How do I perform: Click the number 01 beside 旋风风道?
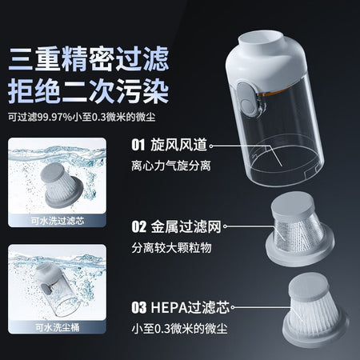(138, 145)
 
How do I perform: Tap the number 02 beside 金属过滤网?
(139, 227)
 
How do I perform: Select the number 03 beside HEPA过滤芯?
(139, 307)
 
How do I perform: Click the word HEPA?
(169, 307)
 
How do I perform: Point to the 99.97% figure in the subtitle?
(54, 117)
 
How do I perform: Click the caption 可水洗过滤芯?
(58, 221)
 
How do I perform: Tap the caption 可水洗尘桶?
(58, 327)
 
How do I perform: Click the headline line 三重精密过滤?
(89, 59)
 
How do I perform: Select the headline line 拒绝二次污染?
(89, 91)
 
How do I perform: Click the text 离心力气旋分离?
(171, 166)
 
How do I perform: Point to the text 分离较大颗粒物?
(171, 248)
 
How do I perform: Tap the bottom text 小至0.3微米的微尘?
(179, 328)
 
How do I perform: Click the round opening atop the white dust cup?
(256, 38)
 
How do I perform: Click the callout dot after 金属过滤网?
(225, 226)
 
